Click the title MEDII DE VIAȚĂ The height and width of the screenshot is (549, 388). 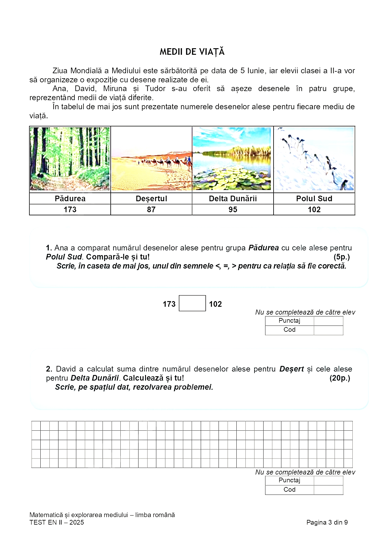point(192,52)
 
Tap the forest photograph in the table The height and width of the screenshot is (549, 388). point(70,159)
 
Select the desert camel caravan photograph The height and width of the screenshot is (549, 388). point(152,159)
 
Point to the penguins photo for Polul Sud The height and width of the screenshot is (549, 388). point(314,159)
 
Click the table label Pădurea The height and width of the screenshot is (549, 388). point(70,198)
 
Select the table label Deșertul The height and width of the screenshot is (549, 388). point(151,198)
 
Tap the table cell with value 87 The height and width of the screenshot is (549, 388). point(151,210)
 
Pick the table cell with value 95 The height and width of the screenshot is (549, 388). point(233,210)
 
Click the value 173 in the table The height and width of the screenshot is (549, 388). point(70,210)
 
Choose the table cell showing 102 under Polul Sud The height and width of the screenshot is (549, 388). point(314,210)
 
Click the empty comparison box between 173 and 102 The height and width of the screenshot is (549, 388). point(192,303)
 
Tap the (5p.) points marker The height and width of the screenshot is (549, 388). point(341,257)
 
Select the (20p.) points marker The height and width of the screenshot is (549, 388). point(340,378)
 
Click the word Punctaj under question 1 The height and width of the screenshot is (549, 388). point(289,321)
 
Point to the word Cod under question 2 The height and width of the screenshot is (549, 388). point(289,490)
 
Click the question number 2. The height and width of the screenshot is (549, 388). point(49,369)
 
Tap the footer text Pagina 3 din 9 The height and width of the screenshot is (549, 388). point(327,522)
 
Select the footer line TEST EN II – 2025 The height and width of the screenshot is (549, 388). point(57,522)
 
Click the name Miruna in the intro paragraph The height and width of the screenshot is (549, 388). point(115,89)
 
